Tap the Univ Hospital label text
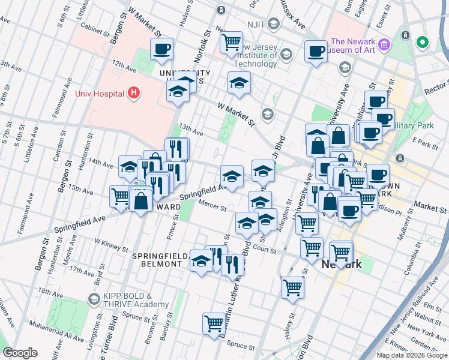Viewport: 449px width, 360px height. (100, 94)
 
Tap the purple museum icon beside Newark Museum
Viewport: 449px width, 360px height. (384, 45)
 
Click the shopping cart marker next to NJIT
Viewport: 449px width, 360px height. (231, 43)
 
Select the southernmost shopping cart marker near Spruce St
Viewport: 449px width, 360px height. (214, 324)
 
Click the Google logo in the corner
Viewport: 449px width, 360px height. (20, 353)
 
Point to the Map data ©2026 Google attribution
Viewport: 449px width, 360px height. (412, 355)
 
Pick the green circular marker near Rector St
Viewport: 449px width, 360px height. (423, 43)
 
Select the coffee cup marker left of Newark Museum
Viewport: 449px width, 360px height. (316, 52)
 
